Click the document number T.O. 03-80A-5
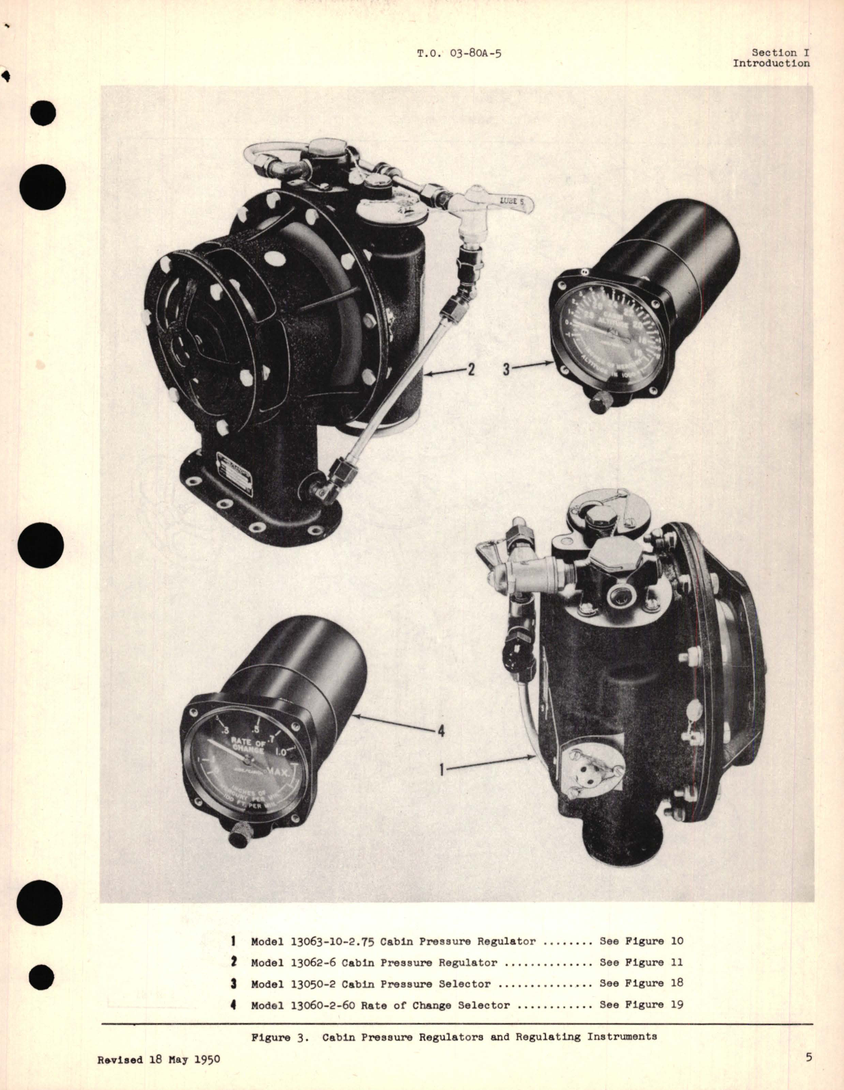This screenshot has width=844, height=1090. [459, 53]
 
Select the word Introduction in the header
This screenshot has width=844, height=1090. [771, 64]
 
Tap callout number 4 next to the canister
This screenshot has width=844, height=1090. [441, 731]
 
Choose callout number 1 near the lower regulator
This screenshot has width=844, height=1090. [442, 769]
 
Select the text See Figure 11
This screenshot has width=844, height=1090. [641, 962]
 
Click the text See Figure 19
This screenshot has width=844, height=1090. [641, 1005]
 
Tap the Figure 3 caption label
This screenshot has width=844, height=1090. [280, 1037]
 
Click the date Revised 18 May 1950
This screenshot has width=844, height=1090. [159, 1059]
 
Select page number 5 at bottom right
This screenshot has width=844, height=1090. [808, 1058]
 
